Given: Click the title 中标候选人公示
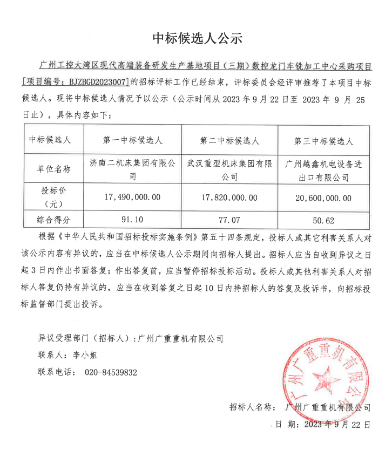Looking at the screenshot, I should (197, 38).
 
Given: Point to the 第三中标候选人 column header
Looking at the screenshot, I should (323, 141).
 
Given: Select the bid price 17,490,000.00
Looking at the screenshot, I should (133, 197).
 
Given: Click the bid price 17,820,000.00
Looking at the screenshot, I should (229, 198).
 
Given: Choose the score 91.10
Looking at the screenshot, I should (133, 220).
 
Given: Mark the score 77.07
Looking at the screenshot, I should (229, 220).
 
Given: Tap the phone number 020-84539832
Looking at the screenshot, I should (111, 372).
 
